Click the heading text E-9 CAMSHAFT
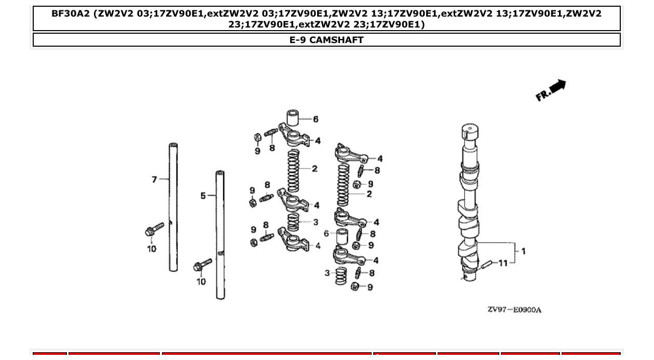click(x=326, y=40)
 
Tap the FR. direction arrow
click(x=551, y=91)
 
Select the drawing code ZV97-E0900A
click(x=514, y=310)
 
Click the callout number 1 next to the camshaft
click(x=523, y=251)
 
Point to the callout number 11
click(x=503, y=263)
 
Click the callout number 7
click(x=154, y=179)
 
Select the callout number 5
click(x=203, y=196)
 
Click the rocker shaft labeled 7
click(x=173, y=207)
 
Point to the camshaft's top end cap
click(x=469, y=130)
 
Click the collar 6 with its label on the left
click(x=343, y=236)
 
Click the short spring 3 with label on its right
click(x=293, y=222)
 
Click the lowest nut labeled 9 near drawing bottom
click(x=356, y=286)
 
